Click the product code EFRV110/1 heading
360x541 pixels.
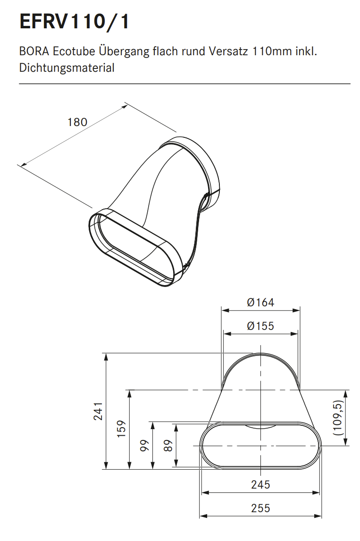tap(75, 21)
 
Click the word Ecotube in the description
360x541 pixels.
tap(74, 51)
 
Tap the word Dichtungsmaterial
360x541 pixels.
tap(67, 68)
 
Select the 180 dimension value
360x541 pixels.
tap(77, 122)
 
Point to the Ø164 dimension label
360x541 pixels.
tap(261, 302)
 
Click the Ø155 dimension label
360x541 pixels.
tap(261, 326)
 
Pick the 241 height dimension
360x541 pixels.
tap(99, 411)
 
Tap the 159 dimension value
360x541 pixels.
tap(122, 429)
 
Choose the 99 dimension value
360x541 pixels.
tap(144, 446)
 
